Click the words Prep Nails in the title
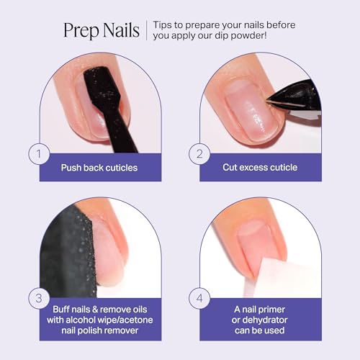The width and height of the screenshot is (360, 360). (102, 30)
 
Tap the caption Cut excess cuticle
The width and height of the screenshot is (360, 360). (258, 168)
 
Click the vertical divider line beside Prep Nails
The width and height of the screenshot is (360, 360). (148, 31)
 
